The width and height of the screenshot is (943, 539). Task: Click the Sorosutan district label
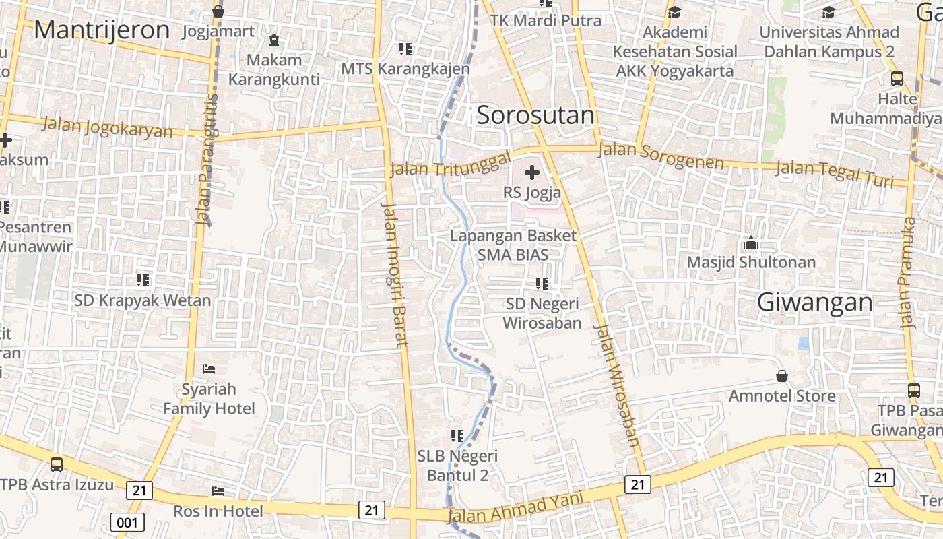(535, 115)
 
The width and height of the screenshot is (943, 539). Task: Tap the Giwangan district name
(814, 303)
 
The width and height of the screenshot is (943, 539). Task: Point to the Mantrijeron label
(102, 30)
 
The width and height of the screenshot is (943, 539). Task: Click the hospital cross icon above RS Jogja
(532, 172)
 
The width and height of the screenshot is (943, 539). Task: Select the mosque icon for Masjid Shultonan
(750, 243)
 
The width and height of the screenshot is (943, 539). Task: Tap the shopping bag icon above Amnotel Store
(782, 376)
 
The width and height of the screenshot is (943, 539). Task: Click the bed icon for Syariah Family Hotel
(209, 369)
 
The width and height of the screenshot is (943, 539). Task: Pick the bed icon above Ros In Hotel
(218, 491)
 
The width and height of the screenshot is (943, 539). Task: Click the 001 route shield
(127, 522)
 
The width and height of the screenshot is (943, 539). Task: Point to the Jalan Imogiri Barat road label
(395, 274)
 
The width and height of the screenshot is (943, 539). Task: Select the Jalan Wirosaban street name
(616, 385)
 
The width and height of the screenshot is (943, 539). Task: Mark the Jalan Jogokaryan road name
(107, 126)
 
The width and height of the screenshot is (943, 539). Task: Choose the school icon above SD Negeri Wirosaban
(542, 284)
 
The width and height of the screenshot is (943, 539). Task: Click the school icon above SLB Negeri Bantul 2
(457, 436)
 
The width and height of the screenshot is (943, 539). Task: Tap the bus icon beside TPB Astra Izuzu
(57, 465)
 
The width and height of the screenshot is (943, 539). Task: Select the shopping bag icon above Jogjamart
(218, 11)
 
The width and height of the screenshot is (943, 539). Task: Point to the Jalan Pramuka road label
(909, 273)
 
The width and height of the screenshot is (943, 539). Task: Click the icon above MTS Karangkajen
(405, 49)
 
